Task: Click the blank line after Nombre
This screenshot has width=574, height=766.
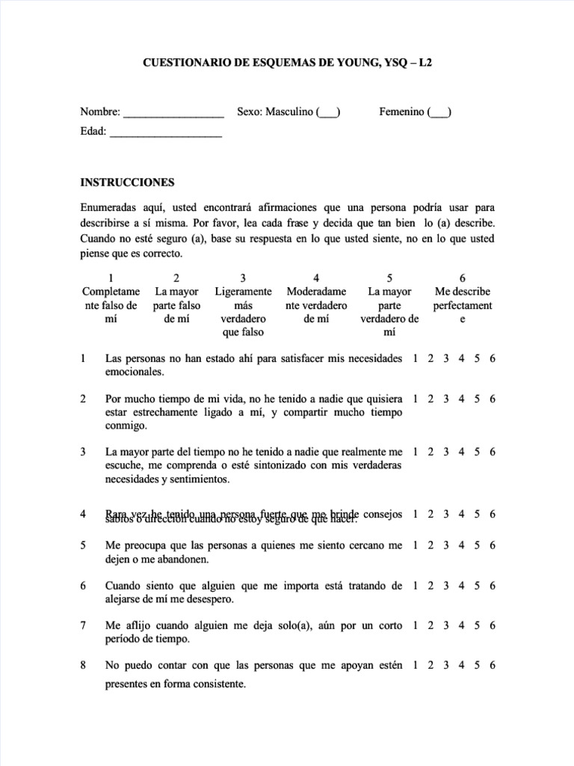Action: [x=173, y=114]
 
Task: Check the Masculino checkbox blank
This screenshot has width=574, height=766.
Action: [x=328, y=114]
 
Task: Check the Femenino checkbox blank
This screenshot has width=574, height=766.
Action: [x=439, y=114]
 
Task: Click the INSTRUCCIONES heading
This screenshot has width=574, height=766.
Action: [x=127, y=182]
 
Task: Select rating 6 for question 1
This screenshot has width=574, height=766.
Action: [x=493, y=359]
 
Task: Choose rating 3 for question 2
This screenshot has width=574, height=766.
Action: [x=446, y=399]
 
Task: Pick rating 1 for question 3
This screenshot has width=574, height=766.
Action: [x=416, y=452]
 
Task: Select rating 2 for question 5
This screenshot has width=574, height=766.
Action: [x=431, y=545]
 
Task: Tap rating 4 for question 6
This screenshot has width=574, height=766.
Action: [x=462, y=585]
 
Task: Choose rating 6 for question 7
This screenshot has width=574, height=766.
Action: [x=493, y=625]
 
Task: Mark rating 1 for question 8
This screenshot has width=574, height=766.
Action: [x=416, y=665]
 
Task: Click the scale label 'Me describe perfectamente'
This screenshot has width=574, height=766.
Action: [x=463, y=305]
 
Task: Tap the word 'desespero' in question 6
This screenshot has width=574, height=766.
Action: [x=210, y=598]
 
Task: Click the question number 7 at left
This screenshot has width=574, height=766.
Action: [x=83, y=625]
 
